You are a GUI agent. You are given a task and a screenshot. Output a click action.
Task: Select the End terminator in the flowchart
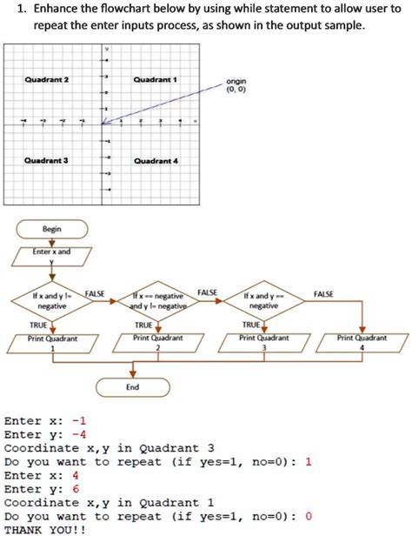coord(133,386)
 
